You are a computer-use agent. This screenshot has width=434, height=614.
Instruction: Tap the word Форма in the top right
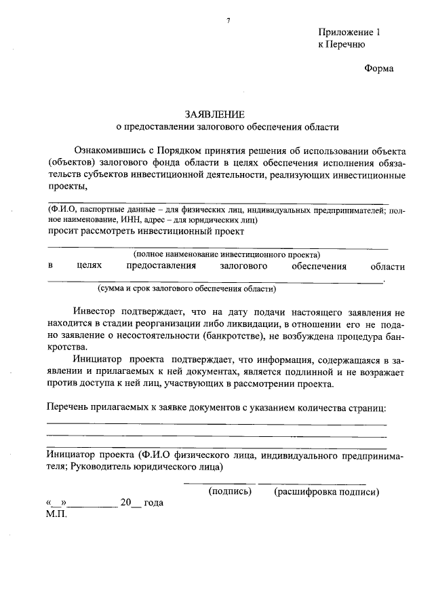378,69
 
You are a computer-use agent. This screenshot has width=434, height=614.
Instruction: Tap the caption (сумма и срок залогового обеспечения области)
186,288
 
